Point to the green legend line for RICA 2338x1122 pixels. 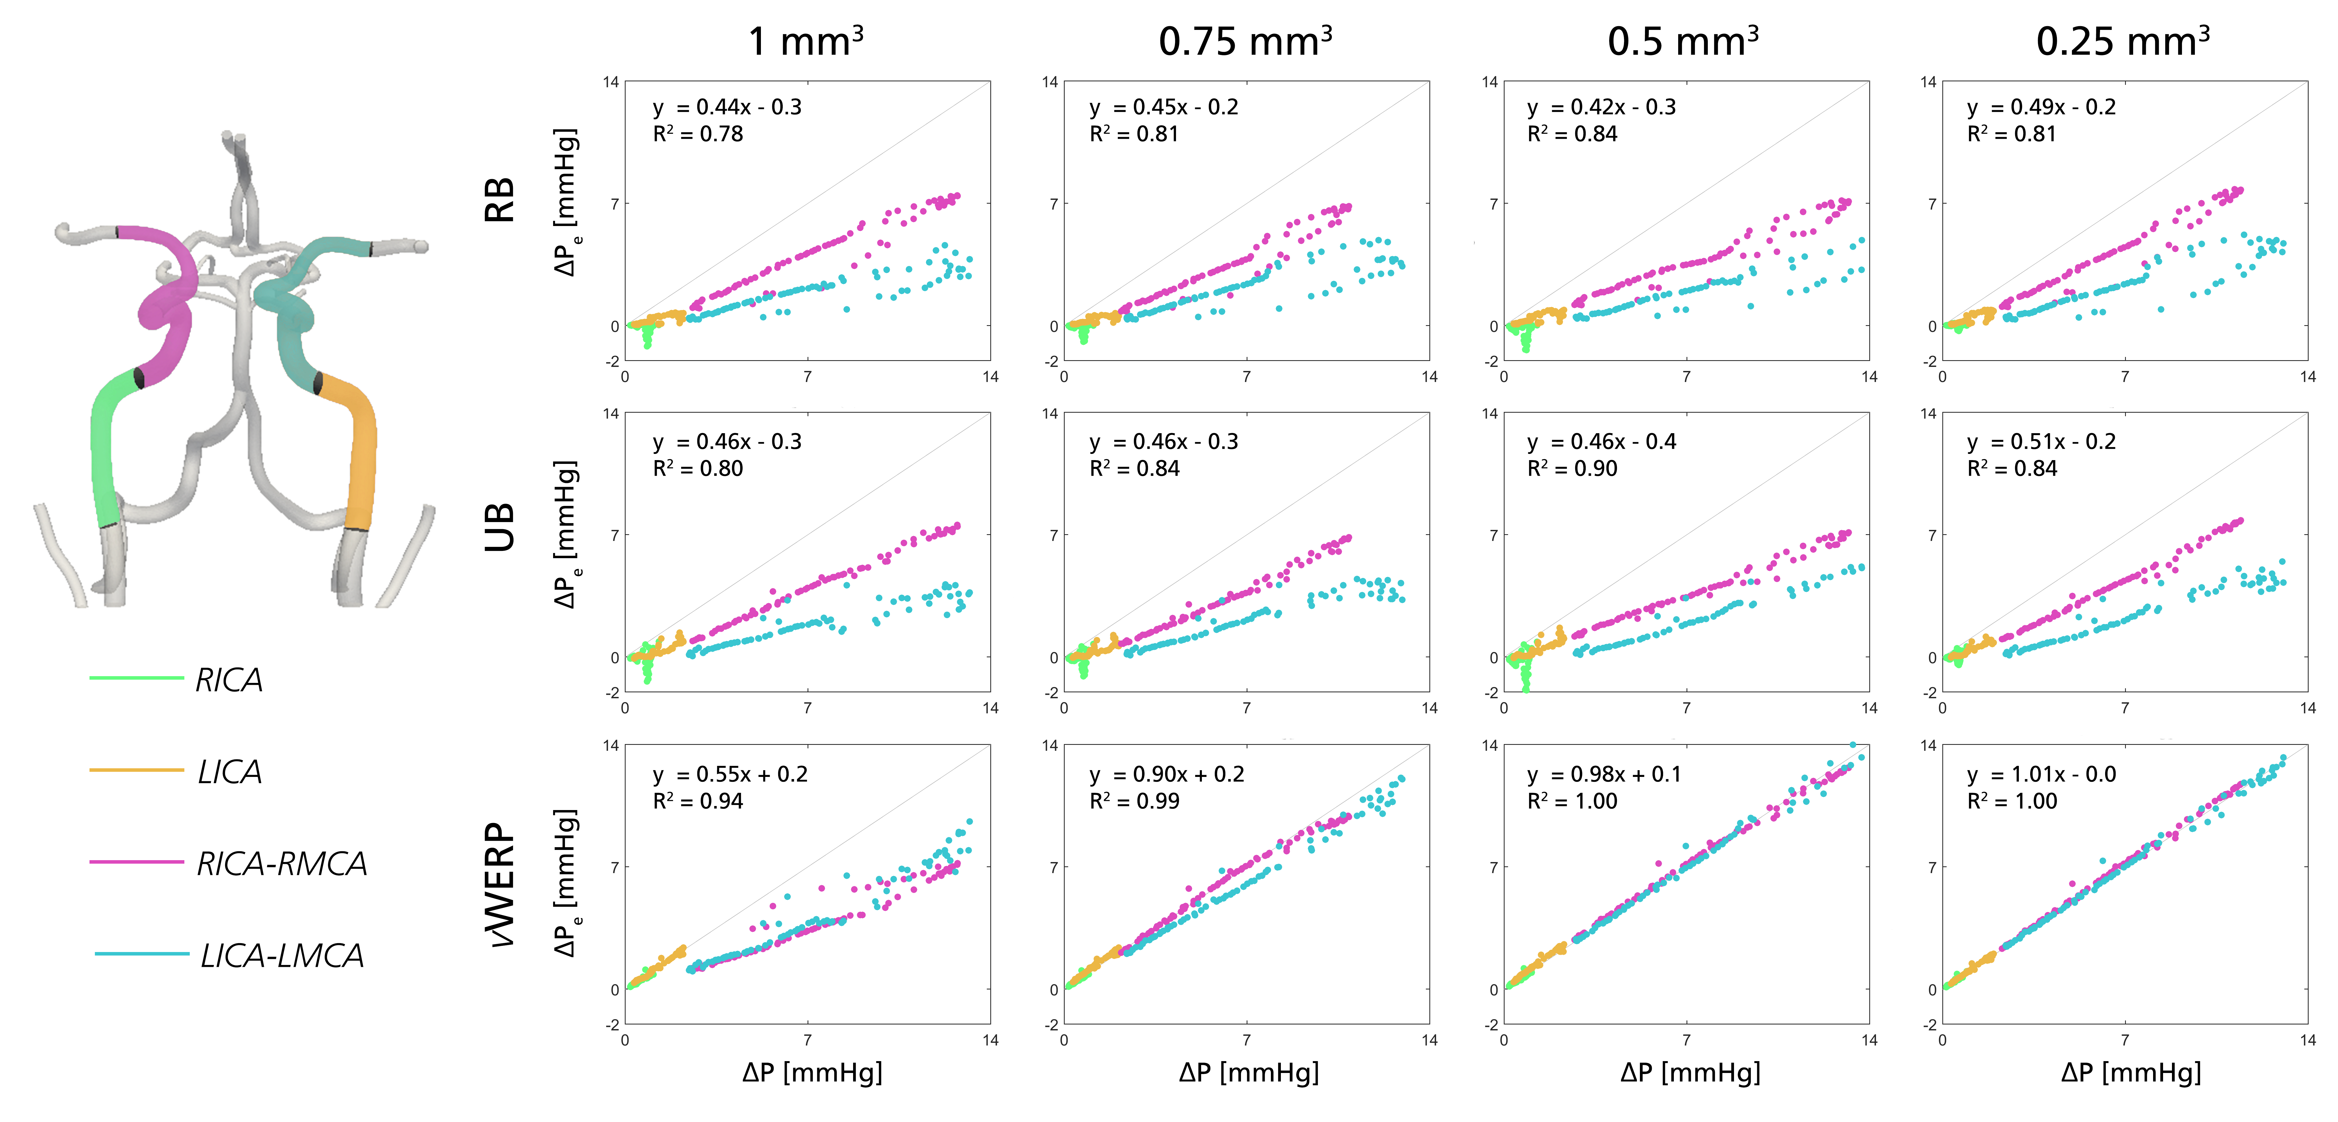click(136, 678)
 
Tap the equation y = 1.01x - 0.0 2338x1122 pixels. click(2041, 774)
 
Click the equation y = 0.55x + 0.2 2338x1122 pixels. click(730, 774)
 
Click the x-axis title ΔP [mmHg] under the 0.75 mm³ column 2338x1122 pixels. click(1249, 1073)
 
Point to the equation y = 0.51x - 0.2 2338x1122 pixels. click(2041, 442)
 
